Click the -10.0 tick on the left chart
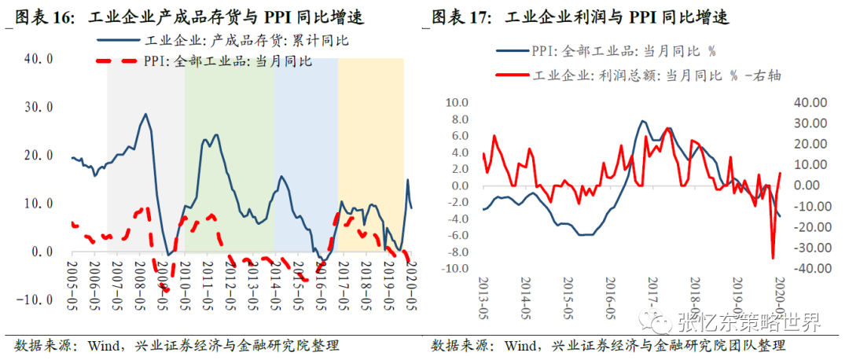click(x=35, y=300)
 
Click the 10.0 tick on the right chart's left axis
click(x=457, y=103)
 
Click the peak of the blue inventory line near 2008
click(x=145, y=114)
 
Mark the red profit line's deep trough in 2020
click(x=772, y=258)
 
